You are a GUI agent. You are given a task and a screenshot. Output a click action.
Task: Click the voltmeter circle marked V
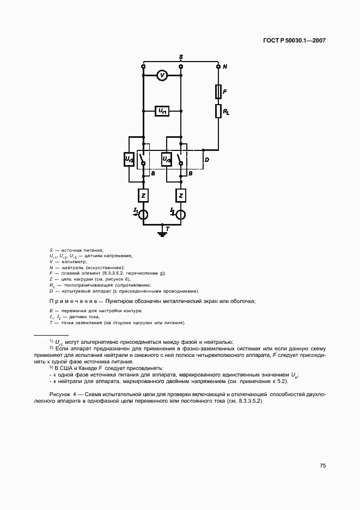(x=162, y=76)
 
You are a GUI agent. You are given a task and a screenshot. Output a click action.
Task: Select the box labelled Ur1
(x=162, y=111)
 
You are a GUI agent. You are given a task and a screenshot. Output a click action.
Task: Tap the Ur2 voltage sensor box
(x=129, y=159)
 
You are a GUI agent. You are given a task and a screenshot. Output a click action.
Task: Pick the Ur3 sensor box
(x=167, y=159)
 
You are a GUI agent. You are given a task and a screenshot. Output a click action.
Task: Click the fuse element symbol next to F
(x=218, y=92)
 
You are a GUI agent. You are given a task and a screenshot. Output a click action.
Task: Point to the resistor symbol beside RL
(x=218, y=112)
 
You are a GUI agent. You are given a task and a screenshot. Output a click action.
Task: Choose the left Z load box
(x=143, y=195)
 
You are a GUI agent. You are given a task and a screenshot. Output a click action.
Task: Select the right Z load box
(x=181, y=195)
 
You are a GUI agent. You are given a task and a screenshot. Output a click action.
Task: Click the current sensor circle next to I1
(x=143, y=214)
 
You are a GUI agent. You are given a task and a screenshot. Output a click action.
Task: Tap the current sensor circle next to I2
(x=181, y=214)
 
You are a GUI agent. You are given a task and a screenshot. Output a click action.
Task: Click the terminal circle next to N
(x=218, y=66)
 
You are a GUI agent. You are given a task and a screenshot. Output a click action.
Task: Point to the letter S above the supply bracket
(x=181, y=57)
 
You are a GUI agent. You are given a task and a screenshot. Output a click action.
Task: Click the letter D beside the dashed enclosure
(x=207, y=160)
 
